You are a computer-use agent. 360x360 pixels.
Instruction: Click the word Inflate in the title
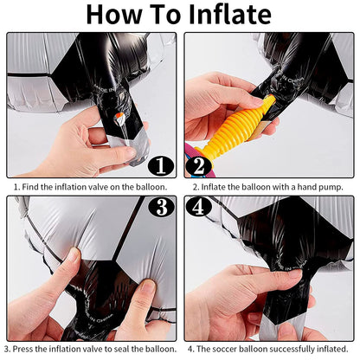coord(230,14)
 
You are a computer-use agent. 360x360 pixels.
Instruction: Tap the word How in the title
coord(114,14)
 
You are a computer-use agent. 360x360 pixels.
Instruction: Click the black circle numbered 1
coord(161,166)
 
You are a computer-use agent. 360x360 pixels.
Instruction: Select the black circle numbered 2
coord(199,166)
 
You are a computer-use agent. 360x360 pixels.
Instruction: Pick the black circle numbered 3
coord(161,207)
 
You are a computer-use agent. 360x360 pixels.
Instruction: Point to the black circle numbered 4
coord(199,207)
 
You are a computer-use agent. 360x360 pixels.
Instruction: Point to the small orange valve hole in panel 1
coord(119,118)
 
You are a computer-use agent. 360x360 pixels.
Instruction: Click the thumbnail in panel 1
coord(132,151)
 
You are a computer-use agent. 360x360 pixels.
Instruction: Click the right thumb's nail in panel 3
coord(147,286)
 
